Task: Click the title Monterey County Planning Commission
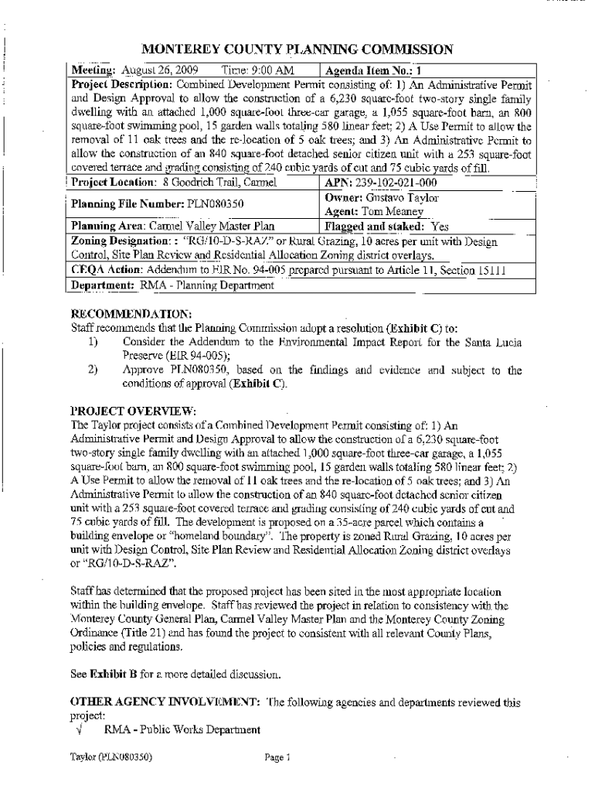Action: click(x=297, y=49)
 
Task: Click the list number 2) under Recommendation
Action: click(x=92, y=370)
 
